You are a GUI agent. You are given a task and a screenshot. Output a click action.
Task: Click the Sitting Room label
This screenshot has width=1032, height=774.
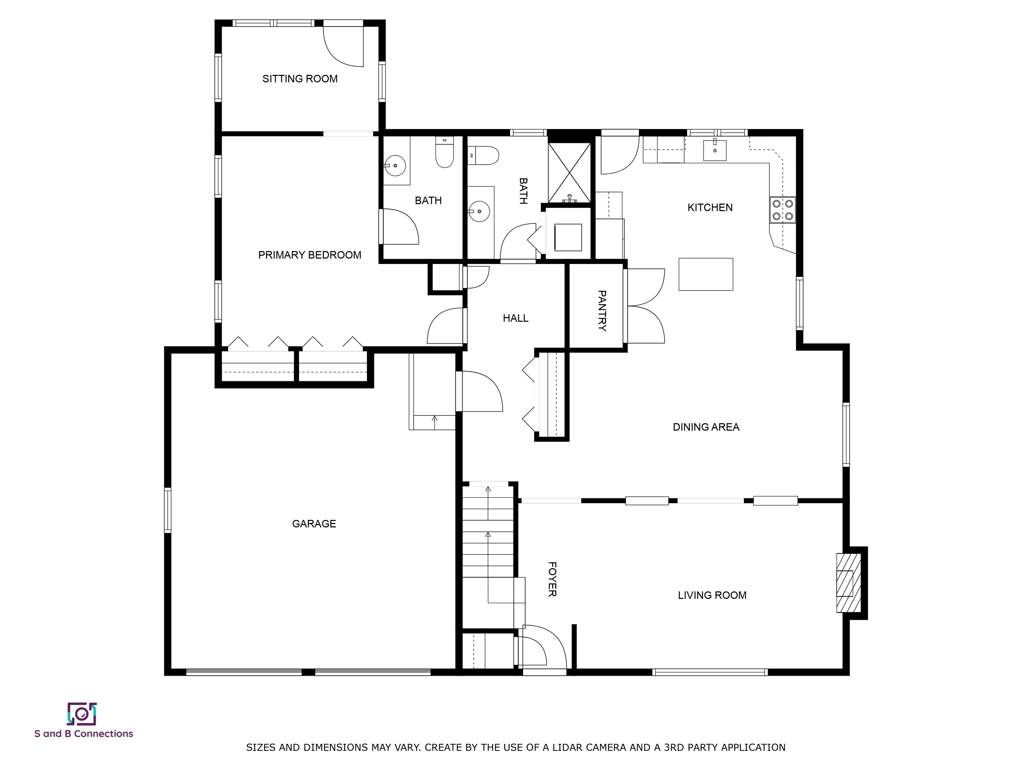point(300,79)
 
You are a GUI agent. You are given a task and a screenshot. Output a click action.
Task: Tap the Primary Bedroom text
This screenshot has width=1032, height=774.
point(310,255)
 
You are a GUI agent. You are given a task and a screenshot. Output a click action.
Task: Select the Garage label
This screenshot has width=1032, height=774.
point(314,523)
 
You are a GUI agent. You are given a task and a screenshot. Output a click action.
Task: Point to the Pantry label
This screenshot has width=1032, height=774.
point(602,311)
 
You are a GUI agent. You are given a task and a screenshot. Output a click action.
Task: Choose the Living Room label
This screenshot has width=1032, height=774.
point(712,595)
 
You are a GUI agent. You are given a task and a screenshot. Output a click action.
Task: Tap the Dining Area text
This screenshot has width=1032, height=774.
point(706,427)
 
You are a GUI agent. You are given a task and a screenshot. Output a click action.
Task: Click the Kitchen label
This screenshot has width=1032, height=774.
point(710,207)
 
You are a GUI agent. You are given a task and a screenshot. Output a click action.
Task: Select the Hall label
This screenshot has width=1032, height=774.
point(516,318)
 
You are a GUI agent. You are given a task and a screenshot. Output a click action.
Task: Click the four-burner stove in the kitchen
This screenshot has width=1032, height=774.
point(782,210)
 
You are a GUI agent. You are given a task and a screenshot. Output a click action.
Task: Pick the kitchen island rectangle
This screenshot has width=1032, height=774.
point(705,274)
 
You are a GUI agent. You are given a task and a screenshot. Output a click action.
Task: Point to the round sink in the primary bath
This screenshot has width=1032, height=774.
point(395,166)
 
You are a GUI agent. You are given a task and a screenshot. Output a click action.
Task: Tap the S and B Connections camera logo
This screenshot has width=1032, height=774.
point(82,714)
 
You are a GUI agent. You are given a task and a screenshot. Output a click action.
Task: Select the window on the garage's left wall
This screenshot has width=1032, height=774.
point(168,510)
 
